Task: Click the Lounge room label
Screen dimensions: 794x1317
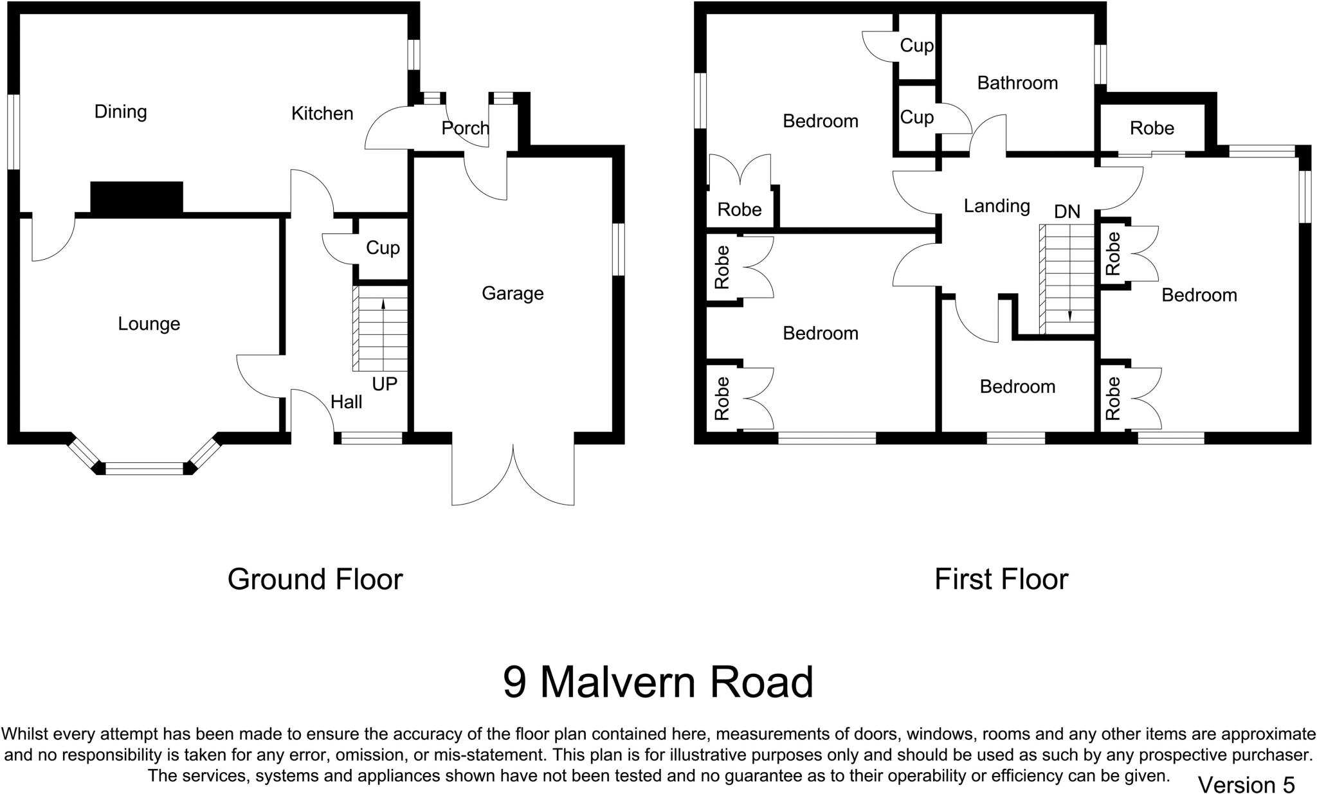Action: coord(149,323)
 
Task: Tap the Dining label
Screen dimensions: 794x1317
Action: coord(120,112)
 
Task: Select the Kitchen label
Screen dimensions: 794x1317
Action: coord(322,114)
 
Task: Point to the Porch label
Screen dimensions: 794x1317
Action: coord(465,129)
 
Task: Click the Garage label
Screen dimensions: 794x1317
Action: coord(513,294)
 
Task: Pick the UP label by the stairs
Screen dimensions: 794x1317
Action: coord(385,384)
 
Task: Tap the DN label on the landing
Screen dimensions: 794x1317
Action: coord(1067,212)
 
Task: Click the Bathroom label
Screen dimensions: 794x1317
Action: coord(1017,83)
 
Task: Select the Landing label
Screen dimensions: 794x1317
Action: coord(997,206)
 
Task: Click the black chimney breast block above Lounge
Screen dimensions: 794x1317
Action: coord(136,197)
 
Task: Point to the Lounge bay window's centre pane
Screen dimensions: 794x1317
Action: coord(144,469)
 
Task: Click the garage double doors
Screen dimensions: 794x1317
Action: coord(513,476)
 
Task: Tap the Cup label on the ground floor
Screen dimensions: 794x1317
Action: coord(383,248)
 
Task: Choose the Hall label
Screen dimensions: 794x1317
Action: coord(346,402)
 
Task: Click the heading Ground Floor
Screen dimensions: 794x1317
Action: coord(315,579)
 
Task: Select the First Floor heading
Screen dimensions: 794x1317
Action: coord(1001,579)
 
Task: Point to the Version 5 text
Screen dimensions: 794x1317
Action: coord(1246,785)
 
